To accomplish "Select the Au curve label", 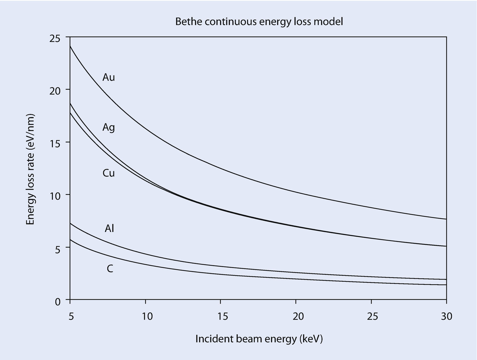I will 109,77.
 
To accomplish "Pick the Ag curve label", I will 109,128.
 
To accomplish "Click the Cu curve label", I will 109,173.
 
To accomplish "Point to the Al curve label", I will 109,229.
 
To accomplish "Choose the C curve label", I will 110,269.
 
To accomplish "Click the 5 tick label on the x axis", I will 71,316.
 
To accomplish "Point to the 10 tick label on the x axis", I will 147,316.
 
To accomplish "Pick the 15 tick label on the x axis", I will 222,316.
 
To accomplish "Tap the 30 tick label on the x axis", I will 446,316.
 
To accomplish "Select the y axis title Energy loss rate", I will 30,169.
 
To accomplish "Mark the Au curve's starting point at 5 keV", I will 70,46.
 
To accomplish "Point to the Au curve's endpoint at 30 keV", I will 446,219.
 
